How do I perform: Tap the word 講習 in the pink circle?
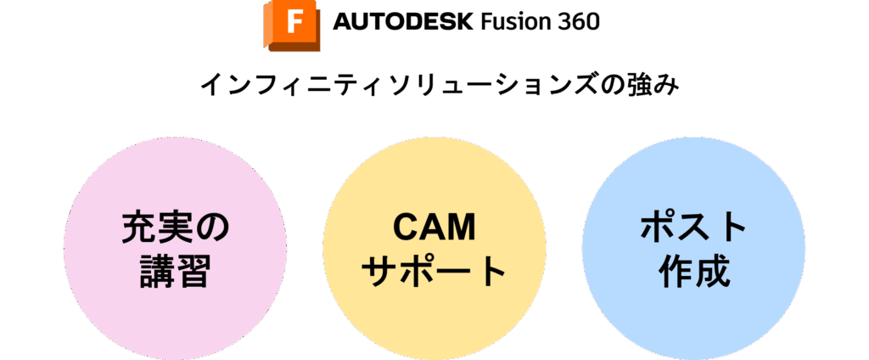[175, 272]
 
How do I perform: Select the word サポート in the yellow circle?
[434, 272]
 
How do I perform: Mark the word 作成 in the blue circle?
[693, 272]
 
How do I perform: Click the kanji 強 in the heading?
[637, 87]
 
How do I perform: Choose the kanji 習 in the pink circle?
[194, 272]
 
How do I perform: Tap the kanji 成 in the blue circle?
[713, 272]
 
